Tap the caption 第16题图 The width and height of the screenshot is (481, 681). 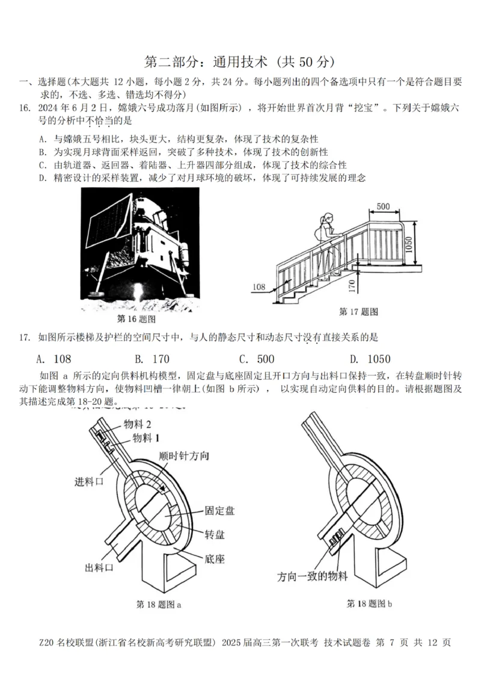[x=136, y=318]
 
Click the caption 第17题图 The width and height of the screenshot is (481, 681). [x=358, y=311]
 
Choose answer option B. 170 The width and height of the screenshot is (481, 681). [x=152, y=359]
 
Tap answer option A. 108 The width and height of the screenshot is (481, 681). [x=54, y=359]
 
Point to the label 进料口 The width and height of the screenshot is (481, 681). [x=89, y=481]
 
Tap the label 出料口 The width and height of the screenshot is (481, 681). [x=100, y=567]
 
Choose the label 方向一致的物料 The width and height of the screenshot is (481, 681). [x=313, y=576]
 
